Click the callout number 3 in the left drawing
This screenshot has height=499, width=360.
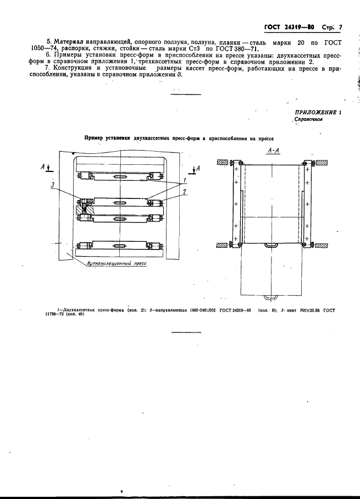point(52,184)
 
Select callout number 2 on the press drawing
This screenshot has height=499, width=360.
point(184,192)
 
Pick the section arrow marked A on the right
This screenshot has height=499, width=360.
point(196,169)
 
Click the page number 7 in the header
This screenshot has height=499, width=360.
point(340,27)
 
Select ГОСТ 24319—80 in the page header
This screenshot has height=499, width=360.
point(289,27)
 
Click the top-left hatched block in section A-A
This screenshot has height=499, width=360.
point(222,162)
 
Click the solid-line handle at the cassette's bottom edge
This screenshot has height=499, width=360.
point(272,245)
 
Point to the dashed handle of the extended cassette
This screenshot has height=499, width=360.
point(272,297)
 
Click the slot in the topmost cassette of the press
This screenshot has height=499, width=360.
point(120,176)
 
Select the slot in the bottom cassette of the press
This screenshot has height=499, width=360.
point(120,245)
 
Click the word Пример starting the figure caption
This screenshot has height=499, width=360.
point(93,138)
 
